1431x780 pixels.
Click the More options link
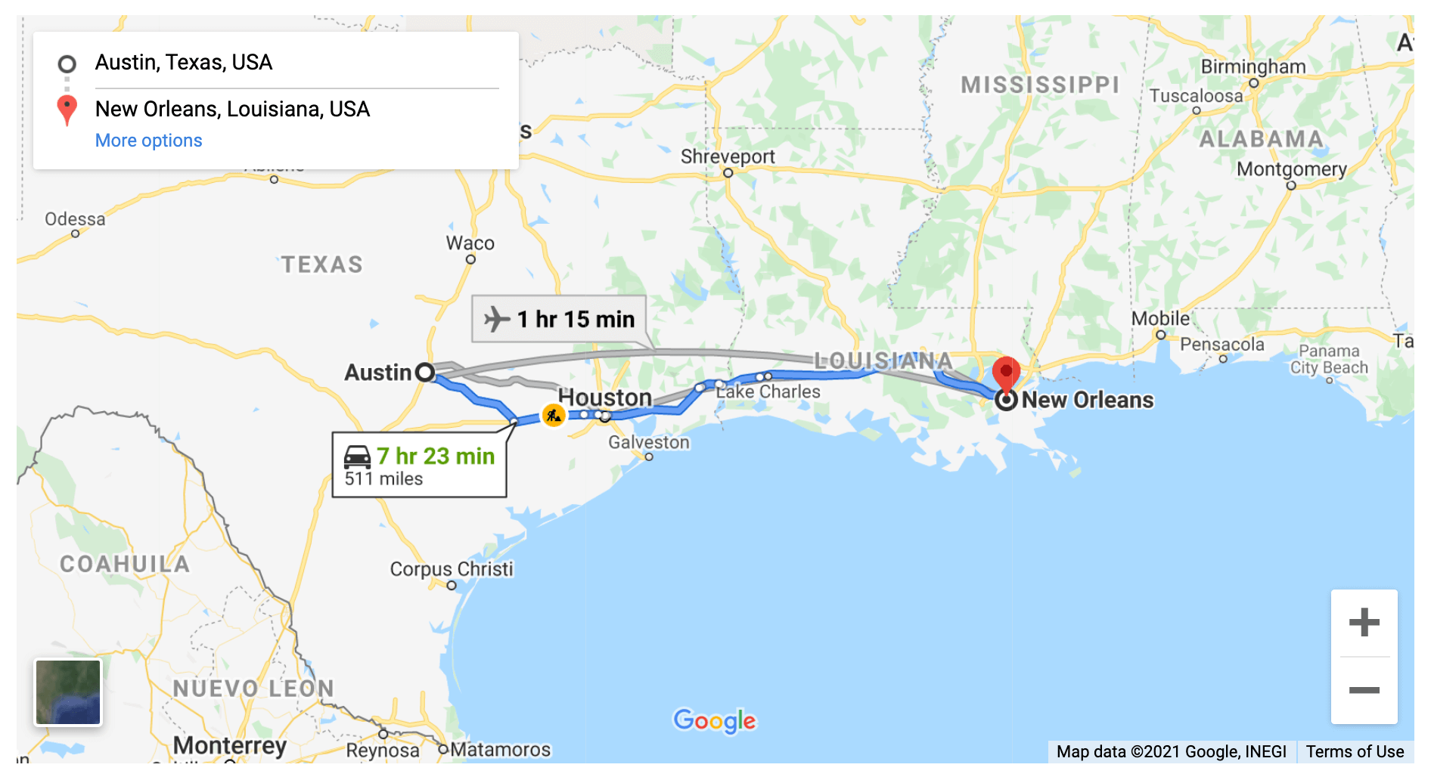point(148,141)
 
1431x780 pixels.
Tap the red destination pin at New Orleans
point(1006,373)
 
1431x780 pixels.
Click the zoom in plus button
point(1364,623)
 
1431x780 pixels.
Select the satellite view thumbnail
point(68,692)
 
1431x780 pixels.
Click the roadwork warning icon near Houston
point(554,415)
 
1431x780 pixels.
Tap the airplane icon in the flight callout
point(497,319)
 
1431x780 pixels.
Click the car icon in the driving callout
point(358,457)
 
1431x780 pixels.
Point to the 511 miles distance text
point(383,479)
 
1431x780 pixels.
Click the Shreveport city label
point(728,156)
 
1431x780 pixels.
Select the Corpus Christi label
point(452,569)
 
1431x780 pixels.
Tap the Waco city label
point(470,243)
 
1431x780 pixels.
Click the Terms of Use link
point(1355,751)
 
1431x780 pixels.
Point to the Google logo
point(714,721)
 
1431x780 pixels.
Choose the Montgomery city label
point(1291,169)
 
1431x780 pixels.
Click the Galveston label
point(649,442)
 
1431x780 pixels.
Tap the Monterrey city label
point(230,745)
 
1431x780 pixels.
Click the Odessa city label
point(75,219)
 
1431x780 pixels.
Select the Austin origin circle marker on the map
point(425,372)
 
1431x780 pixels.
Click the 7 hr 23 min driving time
point(436,456)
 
